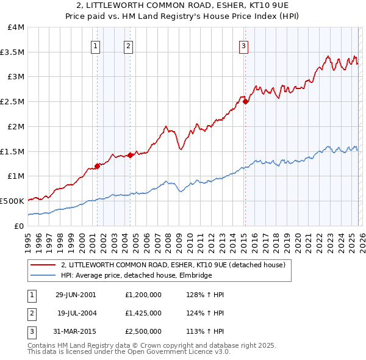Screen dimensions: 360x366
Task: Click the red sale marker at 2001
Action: click(x=98, y=165)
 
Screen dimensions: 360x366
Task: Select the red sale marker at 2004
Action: click(x=130, y=154)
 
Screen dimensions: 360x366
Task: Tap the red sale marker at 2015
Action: click(x=245, y=101)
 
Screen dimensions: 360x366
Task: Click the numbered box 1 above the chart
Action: click(x=96, y=45)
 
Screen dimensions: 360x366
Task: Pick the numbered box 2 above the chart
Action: click(x=129, y=45)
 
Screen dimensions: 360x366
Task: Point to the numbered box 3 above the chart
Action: click(x=243, y=45)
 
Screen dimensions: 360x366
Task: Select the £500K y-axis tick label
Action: click(x=12, y=201)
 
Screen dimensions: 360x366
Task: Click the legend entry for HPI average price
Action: click(x=135, y=276)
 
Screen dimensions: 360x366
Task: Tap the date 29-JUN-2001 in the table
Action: click(x=76, y=295)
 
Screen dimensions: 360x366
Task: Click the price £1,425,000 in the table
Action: click(x=143, y=313)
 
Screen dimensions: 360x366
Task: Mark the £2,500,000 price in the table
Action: click(x=143, y=331)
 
